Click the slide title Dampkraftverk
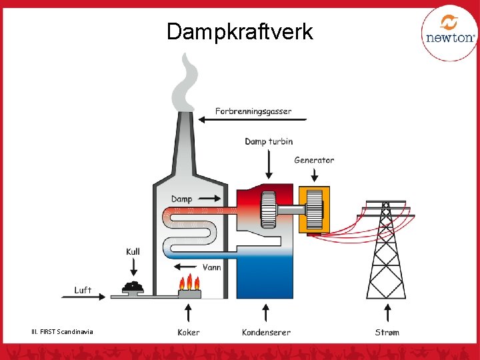click(x=239, y=31)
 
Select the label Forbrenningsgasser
click(x=253, y=111)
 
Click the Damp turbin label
click(x=269, y=141)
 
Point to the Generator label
click(x=314, y=160)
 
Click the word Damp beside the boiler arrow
click(x=181, y=199)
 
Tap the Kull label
click(x=133, y=251)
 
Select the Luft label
click(x=83, y=290)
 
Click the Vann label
click(x=211, y=267)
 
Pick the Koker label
click(x=189, y=332)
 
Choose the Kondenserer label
click(x=266, y=332)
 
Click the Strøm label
click(x=387, y=332)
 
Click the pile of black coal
click(x=134, y=287)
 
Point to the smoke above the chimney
click(x=185, y=83)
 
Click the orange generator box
click(x=311, y=209)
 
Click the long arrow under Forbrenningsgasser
click(x=253, y=120)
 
